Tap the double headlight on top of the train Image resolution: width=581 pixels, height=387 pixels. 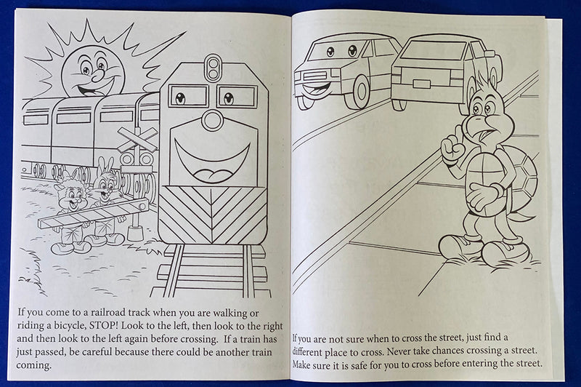click(213, 70)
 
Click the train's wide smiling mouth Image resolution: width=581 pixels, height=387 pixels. click(213, 161)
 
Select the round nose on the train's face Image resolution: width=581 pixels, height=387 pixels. click(212, 119)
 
